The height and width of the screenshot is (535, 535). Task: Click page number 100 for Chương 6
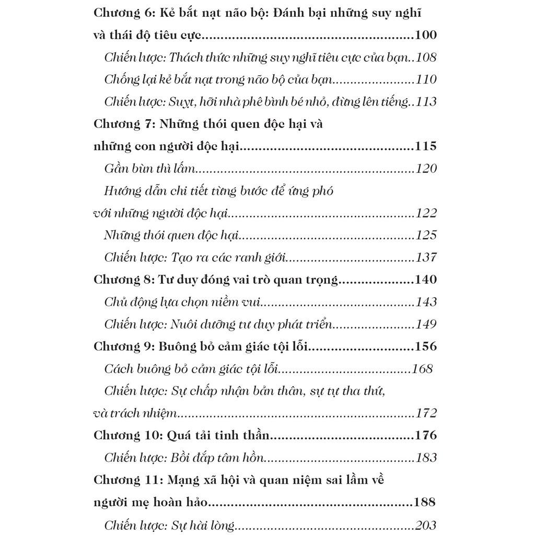(x=425, y=36)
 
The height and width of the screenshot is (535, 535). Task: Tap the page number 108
(x=426, y=57)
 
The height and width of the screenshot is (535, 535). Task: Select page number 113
(x=426, y=102)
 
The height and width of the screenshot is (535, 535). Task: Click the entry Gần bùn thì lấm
(x=149, y=169)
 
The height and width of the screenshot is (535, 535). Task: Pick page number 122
(x=426, y=213)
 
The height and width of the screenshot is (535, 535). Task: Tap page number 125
(x=426, y=235)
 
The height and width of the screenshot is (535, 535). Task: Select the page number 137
(x=426, y=258)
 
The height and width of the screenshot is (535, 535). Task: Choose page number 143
(x=426, y=302)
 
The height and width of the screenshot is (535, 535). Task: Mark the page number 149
(x=426, y=324)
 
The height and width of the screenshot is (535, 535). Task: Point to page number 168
(x=422, y=369)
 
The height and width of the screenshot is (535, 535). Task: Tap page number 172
(x=426, y=413)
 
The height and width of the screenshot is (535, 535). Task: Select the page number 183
(x=426, y=458)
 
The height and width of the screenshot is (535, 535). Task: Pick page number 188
(x=425, y=502)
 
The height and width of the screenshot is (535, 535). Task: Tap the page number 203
(x=426, y=525)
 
